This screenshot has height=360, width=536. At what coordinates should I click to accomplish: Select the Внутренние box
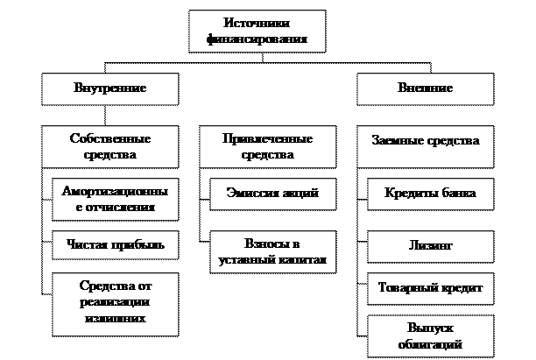coord(110,89)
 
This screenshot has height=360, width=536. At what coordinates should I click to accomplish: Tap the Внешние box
coord(425,89)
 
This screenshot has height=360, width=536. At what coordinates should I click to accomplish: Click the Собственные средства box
coord(110,147)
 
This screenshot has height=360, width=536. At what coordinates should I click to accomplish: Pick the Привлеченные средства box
coord(268,147)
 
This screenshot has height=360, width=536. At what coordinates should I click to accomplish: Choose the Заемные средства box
coord(425,140)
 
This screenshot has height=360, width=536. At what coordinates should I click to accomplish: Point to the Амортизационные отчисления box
coord(115,200)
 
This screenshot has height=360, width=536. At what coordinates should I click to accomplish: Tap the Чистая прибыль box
coord(115,245)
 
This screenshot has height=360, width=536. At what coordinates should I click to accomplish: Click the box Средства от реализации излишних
coord(115,303)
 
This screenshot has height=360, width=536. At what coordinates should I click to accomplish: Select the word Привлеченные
coord(268,139)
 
